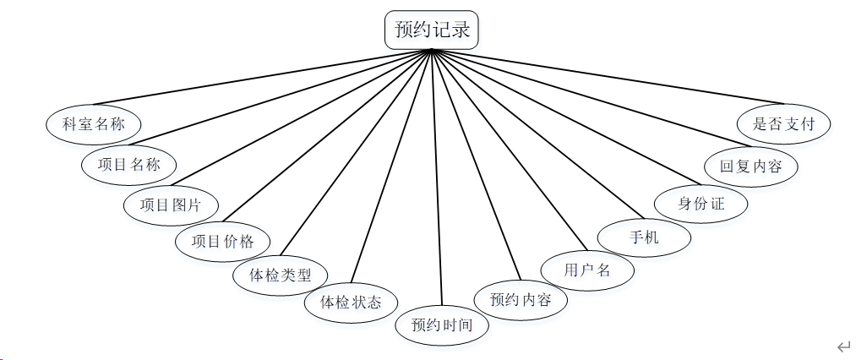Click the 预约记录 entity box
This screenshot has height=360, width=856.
tap(433, 30)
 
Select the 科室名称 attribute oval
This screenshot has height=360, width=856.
tap(93, 123)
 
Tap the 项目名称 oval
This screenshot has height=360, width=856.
tap(128, 165)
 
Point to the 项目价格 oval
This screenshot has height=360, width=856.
tap(221, 241)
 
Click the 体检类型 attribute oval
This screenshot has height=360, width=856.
tap(280, 275)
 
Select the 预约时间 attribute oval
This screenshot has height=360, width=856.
tap(443, 325)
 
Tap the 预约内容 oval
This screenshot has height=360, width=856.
tap(521, 298)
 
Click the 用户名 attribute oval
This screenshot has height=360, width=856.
tap(586, 270)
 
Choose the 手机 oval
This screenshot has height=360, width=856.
tap(644, 237)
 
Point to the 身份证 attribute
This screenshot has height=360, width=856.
tap(701, 204)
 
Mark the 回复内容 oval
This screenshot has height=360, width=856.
tap(750, 166)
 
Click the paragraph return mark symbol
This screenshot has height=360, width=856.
tap(842, 346)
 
